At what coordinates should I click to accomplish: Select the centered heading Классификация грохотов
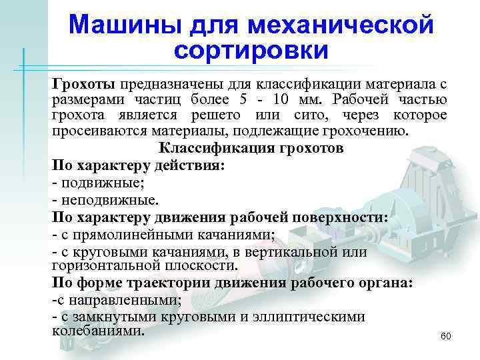tap(251, 148)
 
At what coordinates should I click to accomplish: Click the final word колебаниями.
tap(97, 331)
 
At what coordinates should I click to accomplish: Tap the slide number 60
tap(446, 336)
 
